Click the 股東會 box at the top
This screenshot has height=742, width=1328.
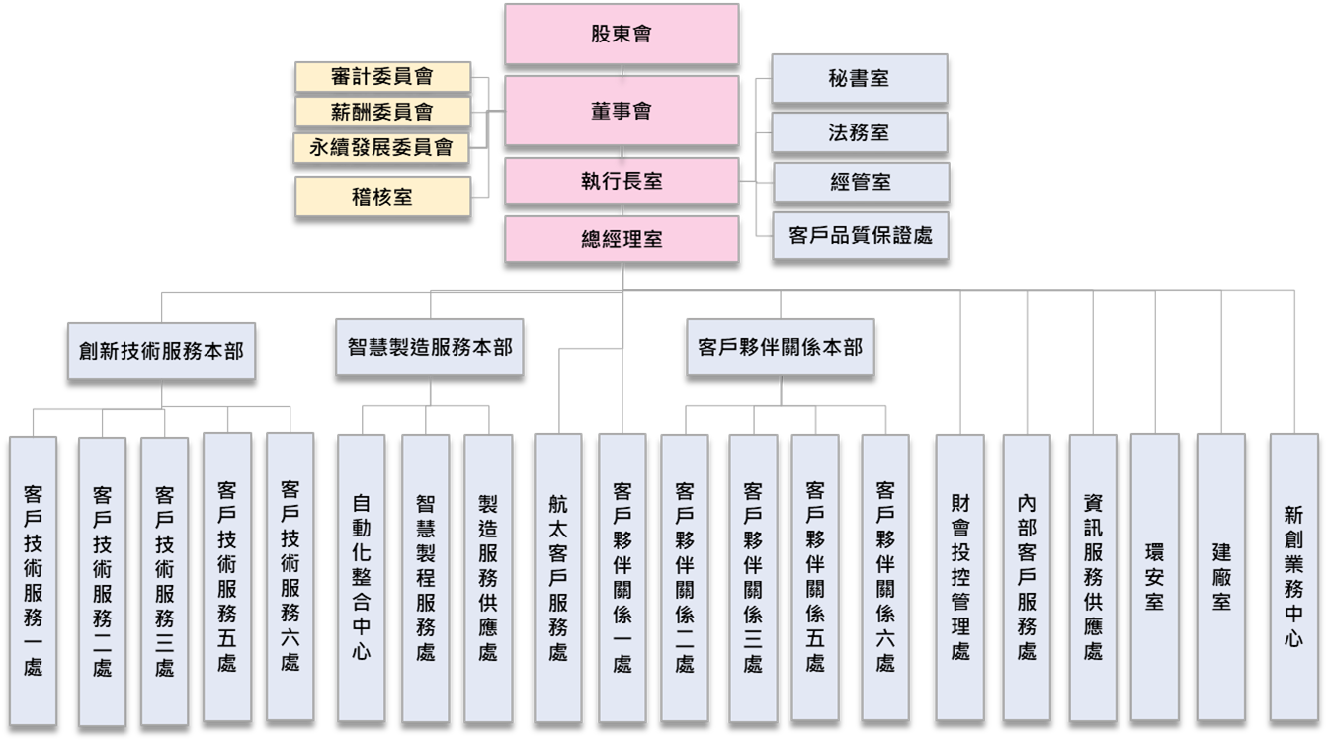pos(622,34)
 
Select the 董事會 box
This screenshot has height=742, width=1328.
pos(622,111)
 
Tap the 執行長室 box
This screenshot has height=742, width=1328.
pos(622,181)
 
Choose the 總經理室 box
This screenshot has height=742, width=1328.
pos(622,239)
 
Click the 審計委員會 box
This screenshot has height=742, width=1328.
pos(383,77)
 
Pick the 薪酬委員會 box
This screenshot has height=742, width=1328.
pos(383,112)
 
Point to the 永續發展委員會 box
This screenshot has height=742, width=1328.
pos(381,148)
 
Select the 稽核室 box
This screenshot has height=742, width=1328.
pos(383,197)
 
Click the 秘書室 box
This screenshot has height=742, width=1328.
pos(859,78)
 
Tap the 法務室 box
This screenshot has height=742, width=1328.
pos(859,132)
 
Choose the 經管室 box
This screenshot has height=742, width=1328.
pos(861,182)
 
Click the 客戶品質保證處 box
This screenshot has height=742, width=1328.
pos(861,236)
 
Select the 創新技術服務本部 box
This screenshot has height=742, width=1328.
pos(161,351)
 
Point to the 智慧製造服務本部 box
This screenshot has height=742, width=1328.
pos(429,348)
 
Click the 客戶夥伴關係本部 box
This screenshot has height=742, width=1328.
pos(781,348)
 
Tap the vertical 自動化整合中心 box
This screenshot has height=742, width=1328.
pos(361,578)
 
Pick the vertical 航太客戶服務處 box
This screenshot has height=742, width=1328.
pos(558,578)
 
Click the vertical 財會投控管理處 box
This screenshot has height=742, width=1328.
pos(959,578)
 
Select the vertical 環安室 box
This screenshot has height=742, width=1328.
pos(1154,577)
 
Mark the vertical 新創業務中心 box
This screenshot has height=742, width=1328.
pos(1293,577)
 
